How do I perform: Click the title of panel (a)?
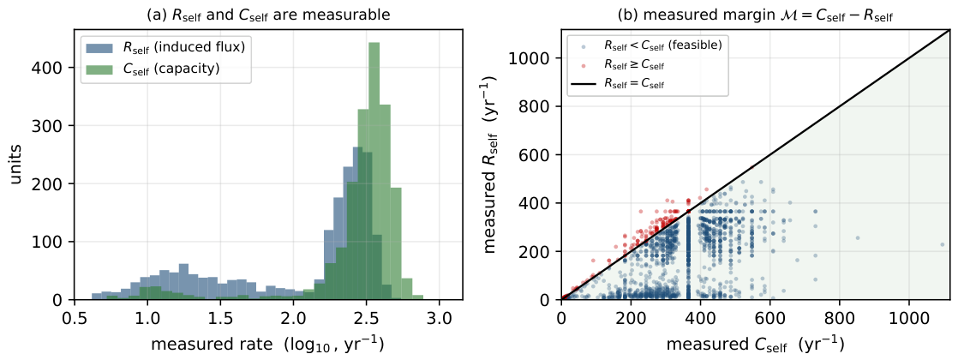(x=268, y=14)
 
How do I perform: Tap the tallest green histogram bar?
(x=374, y=171)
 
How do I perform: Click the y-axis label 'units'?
(x=18, y=164)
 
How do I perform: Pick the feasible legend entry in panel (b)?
(x=649, y=45)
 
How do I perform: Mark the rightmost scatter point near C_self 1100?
(x=942, y=244)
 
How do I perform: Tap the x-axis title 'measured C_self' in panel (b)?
(x=756, y=345)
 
